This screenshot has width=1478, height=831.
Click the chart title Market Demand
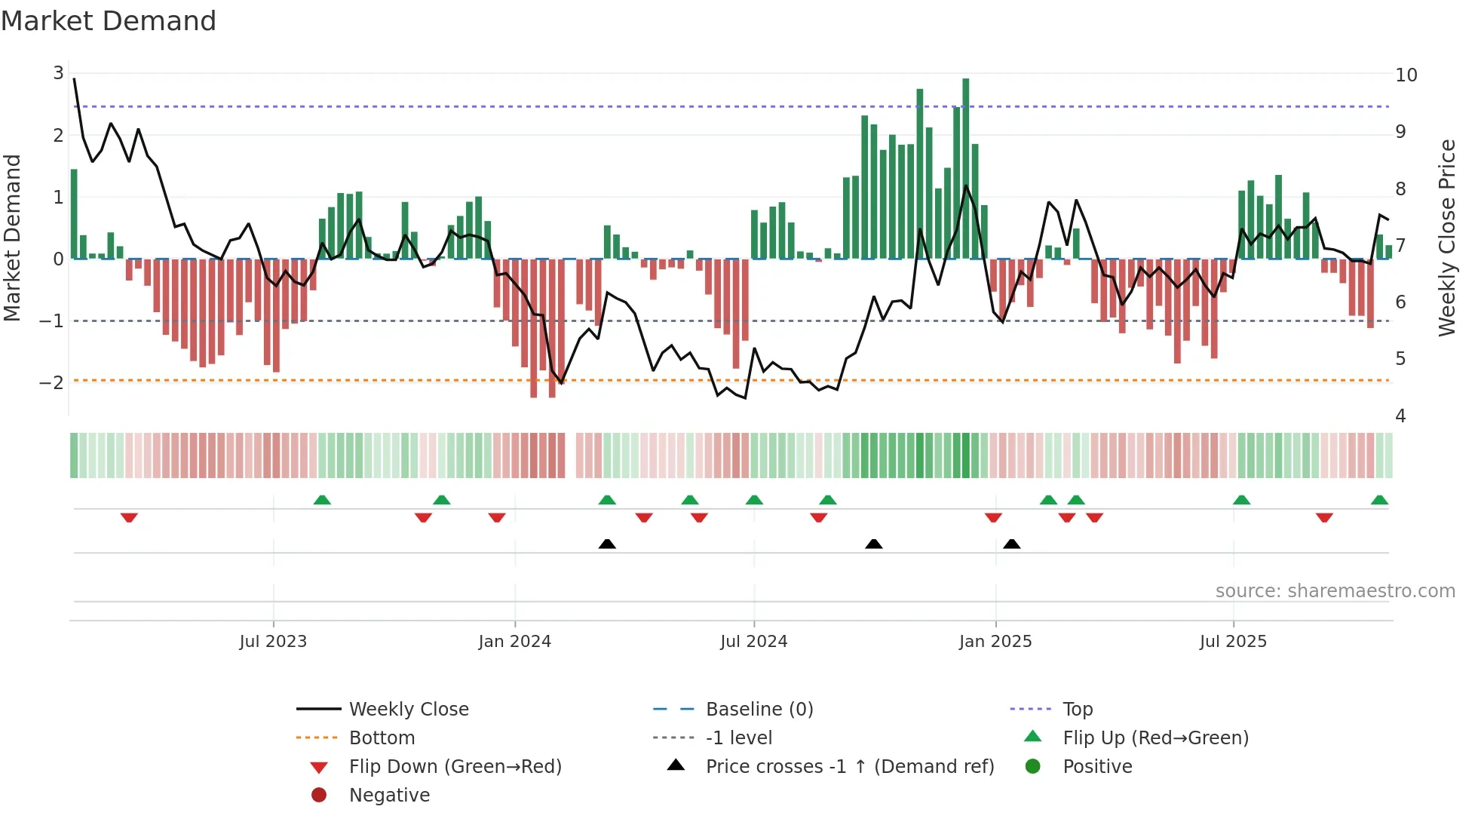109,21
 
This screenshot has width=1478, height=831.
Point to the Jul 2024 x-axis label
753,642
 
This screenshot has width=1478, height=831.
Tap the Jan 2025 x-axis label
995,642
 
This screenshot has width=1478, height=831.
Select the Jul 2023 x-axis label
273,642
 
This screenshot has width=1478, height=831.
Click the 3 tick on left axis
58,73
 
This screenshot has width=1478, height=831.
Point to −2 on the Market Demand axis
52,382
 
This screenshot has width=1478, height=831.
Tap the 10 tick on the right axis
1406,75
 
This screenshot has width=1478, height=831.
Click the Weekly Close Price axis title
1446,238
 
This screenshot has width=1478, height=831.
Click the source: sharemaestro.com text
1335,591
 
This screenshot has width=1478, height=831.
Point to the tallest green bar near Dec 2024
965,166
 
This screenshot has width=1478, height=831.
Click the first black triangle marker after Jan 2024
607,544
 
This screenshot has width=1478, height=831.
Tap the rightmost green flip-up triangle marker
1379,500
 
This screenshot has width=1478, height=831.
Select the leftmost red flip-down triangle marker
129,517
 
